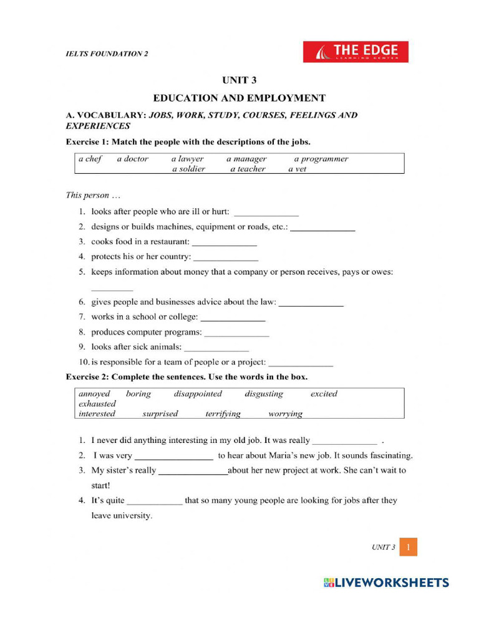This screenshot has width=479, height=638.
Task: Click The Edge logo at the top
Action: [x=356, y=52]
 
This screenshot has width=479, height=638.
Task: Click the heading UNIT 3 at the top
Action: [x=239, y=80]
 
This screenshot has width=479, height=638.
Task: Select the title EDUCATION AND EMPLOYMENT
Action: [x=239, y=98]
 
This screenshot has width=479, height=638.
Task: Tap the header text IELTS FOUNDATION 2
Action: [x=107, y=54]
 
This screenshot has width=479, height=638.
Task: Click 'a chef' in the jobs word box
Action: [x=90, y=159]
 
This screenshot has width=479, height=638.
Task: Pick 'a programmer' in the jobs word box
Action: [x=321, y=159]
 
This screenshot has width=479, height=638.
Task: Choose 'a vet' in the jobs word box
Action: [x=297, y=169]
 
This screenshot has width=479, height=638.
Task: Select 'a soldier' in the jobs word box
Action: [x=188, y=169]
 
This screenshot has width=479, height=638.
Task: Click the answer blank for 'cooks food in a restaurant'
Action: [x=224, y=242]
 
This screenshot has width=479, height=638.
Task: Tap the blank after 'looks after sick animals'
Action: [x=216, y=347]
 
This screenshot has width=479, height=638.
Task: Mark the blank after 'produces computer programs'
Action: [x=236, y=332]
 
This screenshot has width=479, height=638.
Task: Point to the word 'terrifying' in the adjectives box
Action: [x=223, y=414]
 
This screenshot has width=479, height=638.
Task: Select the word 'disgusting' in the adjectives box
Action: [x=264, y=394]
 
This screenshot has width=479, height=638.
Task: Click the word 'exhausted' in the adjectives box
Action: [x=97, y=404]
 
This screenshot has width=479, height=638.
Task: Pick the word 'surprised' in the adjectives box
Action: [x=160, y=414]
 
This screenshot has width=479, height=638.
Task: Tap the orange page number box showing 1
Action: [x=408, y=547]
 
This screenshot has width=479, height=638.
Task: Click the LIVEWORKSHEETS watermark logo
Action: [x=386, y=583]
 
